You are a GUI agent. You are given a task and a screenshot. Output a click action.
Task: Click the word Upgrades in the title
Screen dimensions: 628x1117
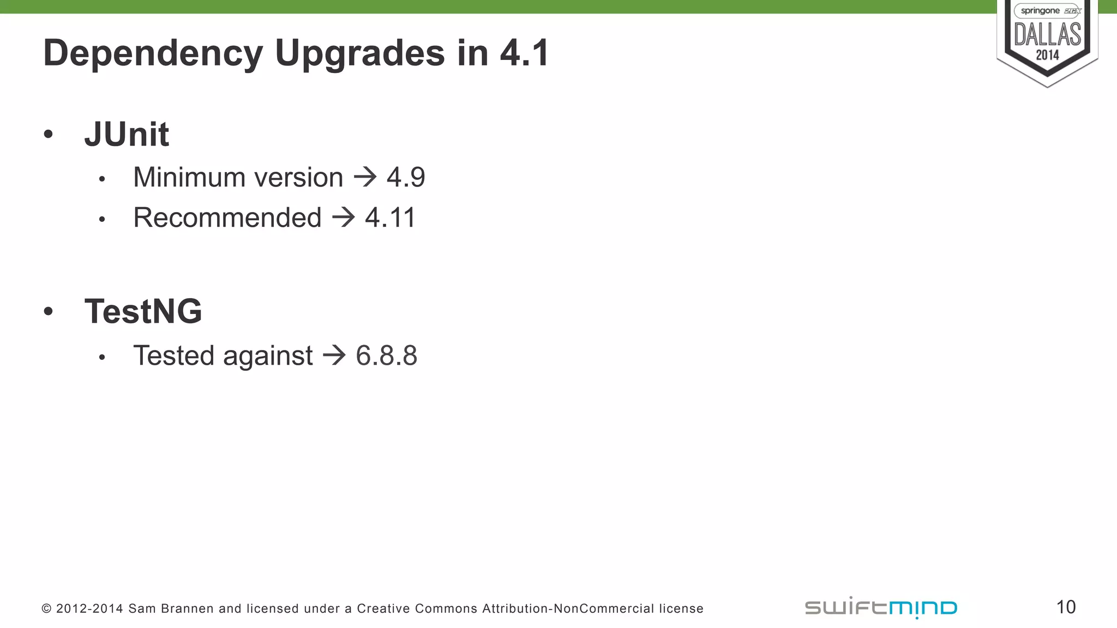(360, 53)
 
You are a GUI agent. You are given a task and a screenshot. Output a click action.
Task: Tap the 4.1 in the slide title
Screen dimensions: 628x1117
(524, 53)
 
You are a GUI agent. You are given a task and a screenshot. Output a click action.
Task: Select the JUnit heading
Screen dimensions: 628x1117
(127, 134)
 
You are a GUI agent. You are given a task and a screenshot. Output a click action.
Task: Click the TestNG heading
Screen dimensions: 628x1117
(143, 311)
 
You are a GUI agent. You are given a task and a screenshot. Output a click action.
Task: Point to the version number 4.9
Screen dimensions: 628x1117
(406, 177)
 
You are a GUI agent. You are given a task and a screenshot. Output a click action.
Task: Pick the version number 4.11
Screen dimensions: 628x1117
(390, 218)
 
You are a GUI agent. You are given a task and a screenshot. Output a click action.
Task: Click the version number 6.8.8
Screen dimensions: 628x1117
(386, 355)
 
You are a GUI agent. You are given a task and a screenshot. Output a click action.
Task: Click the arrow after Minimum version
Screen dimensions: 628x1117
(365, 177)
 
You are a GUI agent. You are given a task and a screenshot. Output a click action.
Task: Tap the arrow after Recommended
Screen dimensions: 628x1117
(344, 218)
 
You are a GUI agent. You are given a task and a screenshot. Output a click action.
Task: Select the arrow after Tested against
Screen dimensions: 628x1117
(334, 355)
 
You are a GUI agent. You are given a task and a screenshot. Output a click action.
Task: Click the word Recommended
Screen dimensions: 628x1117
(227, 218)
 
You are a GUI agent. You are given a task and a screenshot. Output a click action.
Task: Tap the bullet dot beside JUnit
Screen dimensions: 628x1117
(49, 134)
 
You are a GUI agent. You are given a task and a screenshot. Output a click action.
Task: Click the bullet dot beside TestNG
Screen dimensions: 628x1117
(49, 311)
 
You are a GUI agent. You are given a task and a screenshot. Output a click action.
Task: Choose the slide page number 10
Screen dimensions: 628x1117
(1066, 607)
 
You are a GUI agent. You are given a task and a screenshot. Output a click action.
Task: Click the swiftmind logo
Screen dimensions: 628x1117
(881, 607)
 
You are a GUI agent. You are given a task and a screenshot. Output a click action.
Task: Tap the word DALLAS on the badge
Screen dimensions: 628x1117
(1047, 34)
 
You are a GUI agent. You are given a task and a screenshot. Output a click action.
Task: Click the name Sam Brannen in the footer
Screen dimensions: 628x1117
(171, 608)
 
